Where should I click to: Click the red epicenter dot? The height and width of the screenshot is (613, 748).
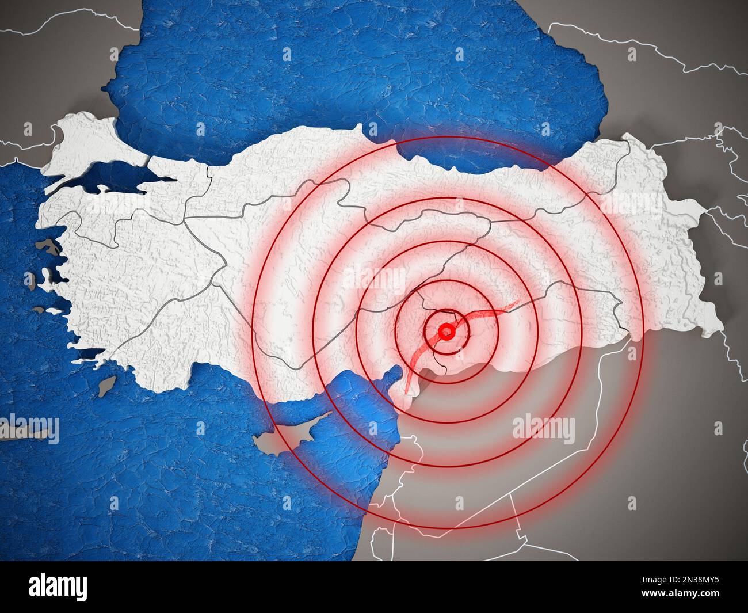click(x=445, y=332)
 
